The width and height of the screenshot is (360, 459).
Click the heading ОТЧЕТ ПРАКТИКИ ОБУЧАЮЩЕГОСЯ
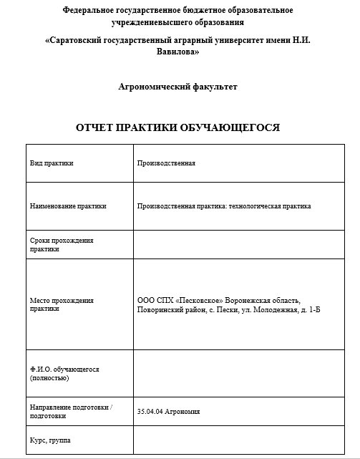tap(177, 127)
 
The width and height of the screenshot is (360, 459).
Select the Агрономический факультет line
tap(177, 87)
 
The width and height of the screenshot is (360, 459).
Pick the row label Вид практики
tap(52, 163)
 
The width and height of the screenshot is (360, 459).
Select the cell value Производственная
tap(166, 163)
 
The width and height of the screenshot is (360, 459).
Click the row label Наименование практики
tap(68, 206)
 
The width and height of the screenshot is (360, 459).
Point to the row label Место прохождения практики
tap(62, 304)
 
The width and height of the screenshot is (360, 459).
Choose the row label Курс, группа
tap(50, 440)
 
